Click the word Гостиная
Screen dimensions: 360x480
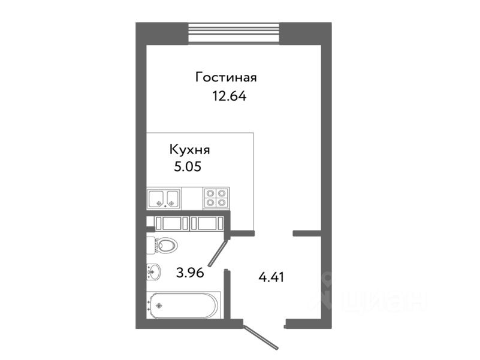pos(226,77)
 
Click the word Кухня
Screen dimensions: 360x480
pos(189,150)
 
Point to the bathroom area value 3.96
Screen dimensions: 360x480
pos(191,274)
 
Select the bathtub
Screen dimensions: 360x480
pos(184,305)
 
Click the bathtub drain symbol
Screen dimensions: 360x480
pos(159,305)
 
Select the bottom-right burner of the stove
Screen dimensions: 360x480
pos(222,202)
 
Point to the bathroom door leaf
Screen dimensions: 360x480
pos(217,252)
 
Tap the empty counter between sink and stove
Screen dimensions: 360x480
pos(192,198)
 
